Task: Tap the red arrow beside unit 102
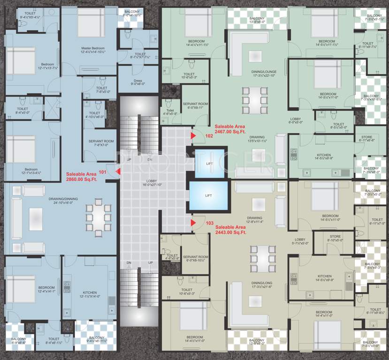pos(193,135)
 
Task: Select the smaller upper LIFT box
pos(209,163)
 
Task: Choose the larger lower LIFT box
pos(208,195)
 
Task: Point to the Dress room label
pos(138,82)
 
